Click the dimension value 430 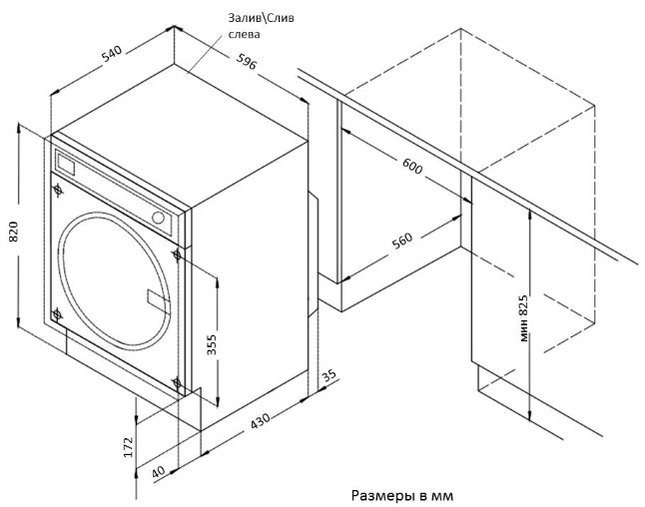(260, 422)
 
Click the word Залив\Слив (262, 18)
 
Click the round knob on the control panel (157, 217)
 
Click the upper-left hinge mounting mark (59, 187)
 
